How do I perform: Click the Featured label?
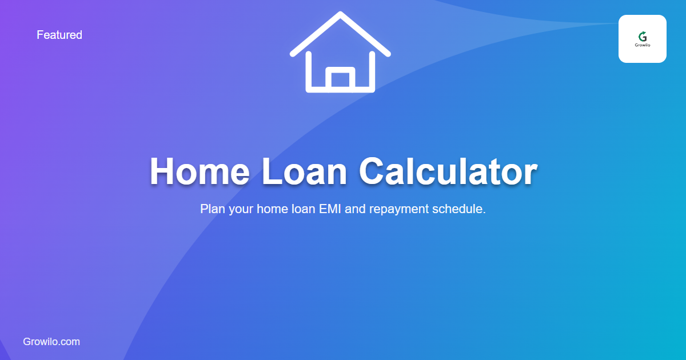pyautogui.click(x=59, y=35)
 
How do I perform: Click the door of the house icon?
pyautogui.click(x=340, y=79)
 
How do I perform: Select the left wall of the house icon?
pyautogui.click(x=309, y=71)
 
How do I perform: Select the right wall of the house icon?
pyautogui.click(x=372, y=71)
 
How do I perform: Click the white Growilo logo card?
pyautogui.click(x=642, y=39)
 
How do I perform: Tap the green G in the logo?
pyautogui.click(x=643, y=36)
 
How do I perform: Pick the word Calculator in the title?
pyautogui.click(x=448, y=171)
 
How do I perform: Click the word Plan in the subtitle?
pyautogui.click(x=213, y=209)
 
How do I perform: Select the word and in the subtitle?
pyautogui.click(x=356, y=209)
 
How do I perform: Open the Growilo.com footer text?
pyautogui.click(x=51, y=342)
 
